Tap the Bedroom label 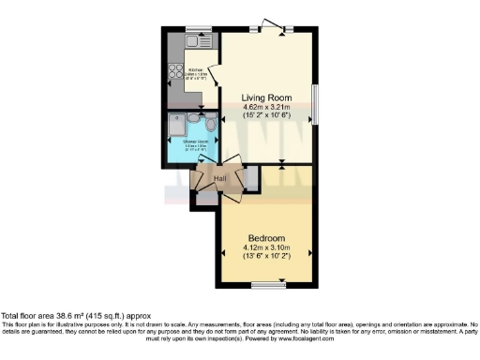[x=264, y=238]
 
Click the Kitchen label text [x=196, y=69]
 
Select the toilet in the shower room [x=210, y=125]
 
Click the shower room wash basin [x=192, y=118]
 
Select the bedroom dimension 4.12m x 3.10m [x=264, y=248]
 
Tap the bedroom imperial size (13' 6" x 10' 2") [x=264, y=258]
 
